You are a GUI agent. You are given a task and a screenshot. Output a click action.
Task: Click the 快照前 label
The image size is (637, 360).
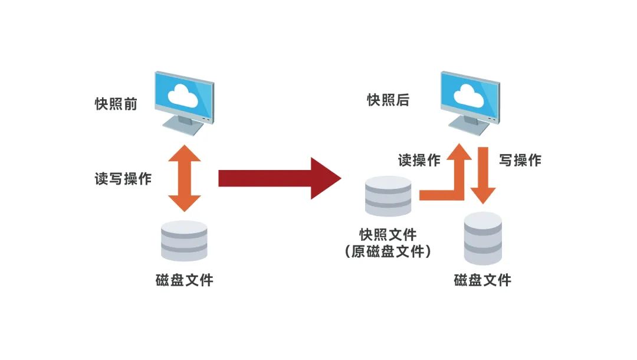coord(116,104)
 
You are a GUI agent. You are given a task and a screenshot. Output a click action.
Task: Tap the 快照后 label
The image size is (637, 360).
coord(388,100)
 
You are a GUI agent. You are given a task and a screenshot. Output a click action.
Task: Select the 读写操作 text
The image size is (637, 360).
coord(123,179)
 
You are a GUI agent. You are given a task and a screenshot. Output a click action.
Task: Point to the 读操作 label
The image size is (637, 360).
coord(419,160)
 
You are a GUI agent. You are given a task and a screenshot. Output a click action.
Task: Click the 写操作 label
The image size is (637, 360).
coord(520,160)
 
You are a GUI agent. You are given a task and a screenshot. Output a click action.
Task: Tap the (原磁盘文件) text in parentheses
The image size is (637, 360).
coord(388,251)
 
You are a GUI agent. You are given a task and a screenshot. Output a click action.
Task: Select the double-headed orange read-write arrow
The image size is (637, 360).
coord(185,178)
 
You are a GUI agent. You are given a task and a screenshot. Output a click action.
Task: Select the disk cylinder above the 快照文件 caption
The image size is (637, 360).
coord(388,196)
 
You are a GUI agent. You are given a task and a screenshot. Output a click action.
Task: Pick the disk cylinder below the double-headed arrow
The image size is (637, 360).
coord(184,241)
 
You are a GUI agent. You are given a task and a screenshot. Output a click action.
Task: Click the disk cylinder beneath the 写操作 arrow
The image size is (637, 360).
coord(482,238)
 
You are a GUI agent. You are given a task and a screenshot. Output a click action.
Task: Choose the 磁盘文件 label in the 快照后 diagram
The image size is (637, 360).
coord(482,280)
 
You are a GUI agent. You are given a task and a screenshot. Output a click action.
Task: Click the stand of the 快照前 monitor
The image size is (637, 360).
coord(183,127)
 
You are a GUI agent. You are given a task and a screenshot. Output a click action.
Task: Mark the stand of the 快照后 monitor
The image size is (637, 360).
coord(469,125)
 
